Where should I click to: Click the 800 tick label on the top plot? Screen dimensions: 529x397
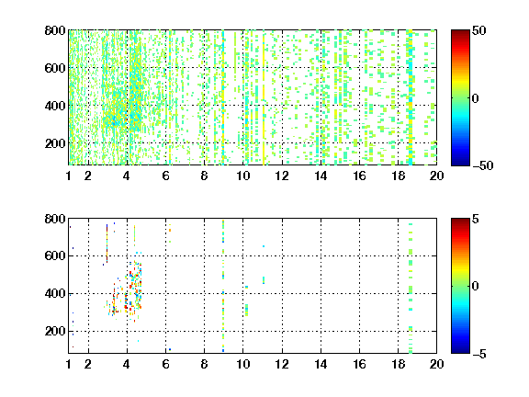[x=55, y=30]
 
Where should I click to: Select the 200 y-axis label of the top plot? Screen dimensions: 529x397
[x=55, y=143]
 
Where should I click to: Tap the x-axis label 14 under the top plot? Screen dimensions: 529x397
[x=321, y=176]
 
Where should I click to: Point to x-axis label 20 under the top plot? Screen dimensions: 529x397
[x=436, y=176]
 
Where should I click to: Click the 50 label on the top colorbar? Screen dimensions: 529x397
[x=479, y=30]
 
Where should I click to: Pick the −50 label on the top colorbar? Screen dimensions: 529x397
[x=483, y=165]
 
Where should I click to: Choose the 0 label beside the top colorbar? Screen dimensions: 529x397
[x=475, y=98]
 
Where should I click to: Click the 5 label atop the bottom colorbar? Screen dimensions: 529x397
[x=476, y=219]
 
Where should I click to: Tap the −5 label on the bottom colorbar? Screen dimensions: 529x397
[x=479, y=354]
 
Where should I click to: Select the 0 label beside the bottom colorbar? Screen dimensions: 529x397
[x=475, y=287]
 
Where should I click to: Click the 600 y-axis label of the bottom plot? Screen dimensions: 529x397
[x=55, y=255]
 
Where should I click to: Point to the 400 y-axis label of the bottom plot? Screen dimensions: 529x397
[x=55, y=293]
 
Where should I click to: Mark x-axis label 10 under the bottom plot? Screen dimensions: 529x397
[x=242, y=364]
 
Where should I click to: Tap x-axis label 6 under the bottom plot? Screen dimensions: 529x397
[x=165, y=364]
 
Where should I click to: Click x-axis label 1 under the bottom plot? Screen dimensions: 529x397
[x=69, y=364]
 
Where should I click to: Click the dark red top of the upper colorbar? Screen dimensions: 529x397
[x=460, y=33]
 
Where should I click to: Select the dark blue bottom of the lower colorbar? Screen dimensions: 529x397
[x=460, y=350]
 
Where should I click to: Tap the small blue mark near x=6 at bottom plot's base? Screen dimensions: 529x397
[x=170, y=349]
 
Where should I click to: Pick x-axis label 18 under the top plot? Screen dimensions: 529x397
[x=398, y=176]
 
